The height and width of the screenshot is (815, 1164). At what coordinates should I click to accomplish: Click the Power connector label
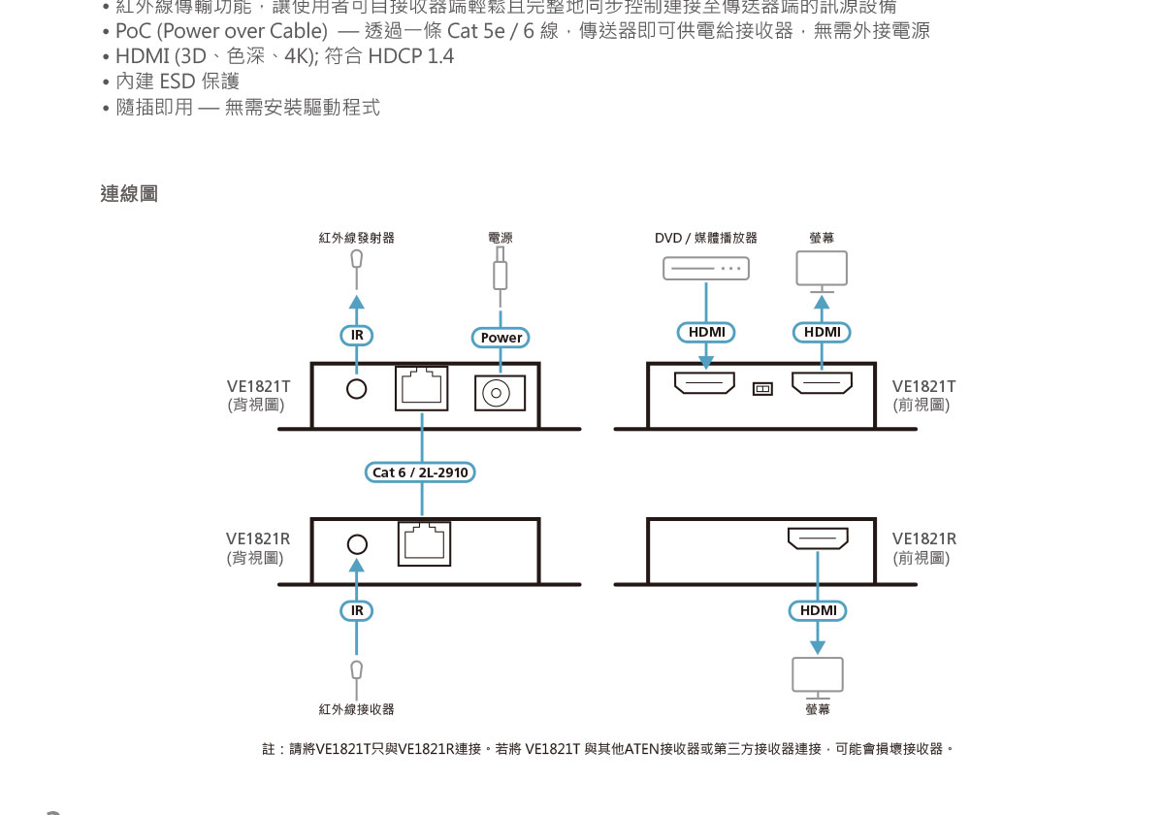[501, 338]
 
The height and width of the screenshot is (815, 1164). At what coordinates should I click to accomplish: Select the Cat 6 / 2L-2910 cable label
[421, 473]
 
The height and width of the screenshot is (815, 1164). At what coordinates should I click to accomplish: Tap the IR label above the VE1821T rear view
[357, 336]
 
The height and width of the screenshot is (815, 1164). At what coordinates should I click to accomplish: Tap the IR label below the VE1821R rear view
[357, 610]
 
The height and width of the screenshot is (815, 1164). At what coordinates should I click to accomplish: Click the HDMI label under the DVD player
[706, 332]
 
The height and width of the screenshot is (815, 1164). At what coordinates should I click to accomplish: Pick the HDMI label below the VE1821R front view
[818, 610]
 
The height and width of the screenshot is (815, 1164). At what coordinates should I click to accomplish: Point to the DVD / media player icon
[706, 268]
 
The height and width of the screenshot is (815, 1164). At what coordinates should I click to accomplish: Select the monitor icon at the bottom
[818, 676]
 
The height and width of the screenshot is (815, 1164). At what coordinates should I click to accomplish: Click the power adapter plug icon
[501, 269]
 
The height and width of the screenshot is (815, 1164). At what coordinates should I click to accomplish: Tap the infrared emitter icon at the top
[357, 260]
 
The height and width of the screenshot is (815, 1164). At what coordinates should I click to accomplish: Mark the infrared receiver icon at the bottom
[357, 669]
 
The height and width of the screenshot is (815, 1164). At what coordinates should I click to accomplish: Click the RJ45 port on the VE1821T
[423, 388]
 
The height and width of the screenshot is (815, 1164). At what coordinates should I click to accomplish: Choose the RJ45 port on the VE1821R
[425, 542]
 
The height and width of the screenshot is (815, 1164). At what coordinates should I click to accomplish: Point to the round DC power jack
[500, 393]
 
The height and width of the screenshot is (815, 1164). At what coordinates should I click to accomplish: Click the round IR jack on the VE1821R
[358, 544]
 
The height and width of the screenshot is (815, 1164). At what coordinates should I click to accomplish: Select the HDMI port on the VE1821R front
[817, 538]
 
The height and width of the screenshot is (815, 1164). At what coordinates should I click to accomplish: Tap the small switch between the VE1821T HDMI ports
[762, 389]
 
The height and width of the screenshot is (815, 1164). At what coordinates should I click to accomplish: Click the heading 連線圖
[129, 194]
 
